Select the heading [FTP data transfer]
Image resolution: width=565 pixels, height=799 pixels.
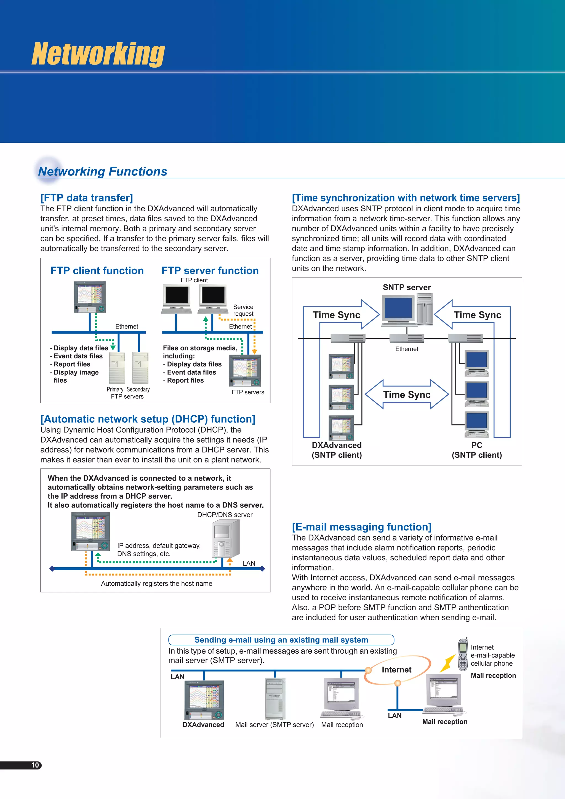click(x=87, y=198)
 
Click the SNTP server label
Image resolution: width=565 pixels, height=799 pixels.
click(x=406, y=287)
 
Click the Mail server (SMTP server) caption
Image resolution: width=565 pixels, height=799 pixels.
click(x=274, y=725)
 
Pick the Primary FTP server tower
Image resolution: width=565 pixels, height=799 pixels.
click(x=117, y=367)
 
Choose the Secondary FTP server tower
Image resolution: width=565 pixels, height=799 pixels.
click(x=140, y=367)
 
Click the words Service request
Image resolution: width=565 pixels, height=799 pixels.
click(x=243, y=310)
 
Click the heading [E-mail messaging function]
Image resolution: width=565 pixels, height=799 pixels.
click(x=361, y=527)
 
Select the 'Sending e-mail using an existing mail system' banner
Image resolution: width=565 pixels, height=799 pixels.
click(x=281, y=640)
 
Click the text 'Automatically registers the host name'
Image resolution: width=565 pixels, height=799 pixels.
click(x=156, y=583)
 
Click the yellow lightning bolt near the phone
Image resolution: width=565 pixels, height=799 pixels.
click(x=447, y=663)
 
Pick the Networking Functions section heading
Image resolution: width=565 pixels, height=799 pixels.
click(x=102, y=171)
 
